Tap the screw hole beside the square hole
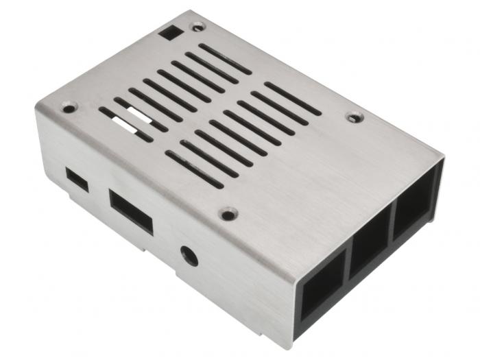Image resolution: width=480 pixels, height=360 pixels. (x=198, y=27)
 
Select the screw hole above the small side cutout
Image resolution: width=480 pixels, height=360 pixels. (x=69, y=108)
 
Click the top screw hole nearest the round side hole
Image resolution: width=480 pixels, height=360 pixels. (x=228, y=214)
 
